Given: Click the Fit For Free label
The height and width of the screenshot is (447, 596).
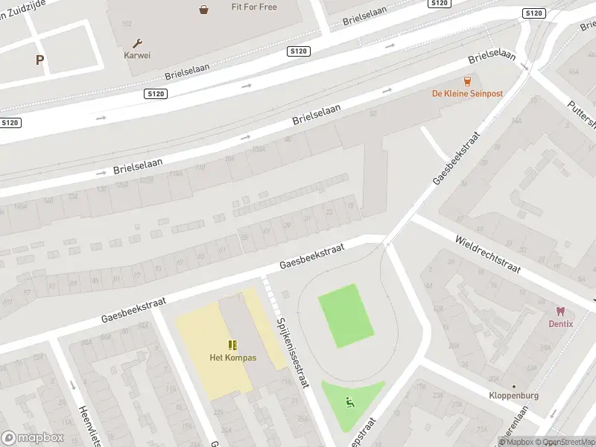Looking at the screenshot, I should [253, 7].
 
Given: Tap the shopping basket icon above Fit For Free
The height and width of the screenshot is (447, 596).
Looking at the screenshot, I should [203, 9].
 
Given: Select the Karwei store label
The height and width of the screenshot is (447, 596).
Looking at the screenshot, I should [137, 54].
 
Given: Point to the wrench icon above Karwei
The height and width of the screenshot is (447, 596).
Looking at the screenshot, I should [137, 43].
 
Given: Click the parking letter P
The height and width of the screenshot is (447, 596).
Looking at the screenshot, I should [39, 60].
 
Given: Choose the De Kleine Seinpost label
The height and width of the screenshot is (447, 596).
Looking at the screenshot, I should [467, 93].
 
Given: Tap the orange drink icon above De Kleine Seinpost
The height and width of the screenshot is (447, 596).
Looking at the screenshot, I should [468, 81].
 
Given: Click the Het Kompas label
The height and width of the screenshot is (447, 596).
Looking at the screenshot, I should [232, 358].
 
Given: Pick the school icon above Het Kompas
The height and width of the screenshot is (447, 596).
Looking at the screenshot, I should [232, 345].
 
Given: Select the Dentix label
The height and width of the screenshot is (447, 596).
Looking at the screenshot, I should [560, 324].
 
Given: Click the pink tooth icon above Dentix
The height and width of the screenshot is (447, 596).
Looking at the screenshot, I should [560, 311].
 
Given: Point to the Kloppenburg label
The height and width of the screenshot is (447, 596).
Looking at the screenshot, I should [513, 396].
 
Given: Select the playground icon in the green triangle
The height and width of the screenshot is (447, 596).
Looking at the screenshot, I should [349, 402].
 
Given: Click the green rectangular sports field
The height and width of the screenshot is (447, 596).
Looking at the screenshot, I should [346, 316].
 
